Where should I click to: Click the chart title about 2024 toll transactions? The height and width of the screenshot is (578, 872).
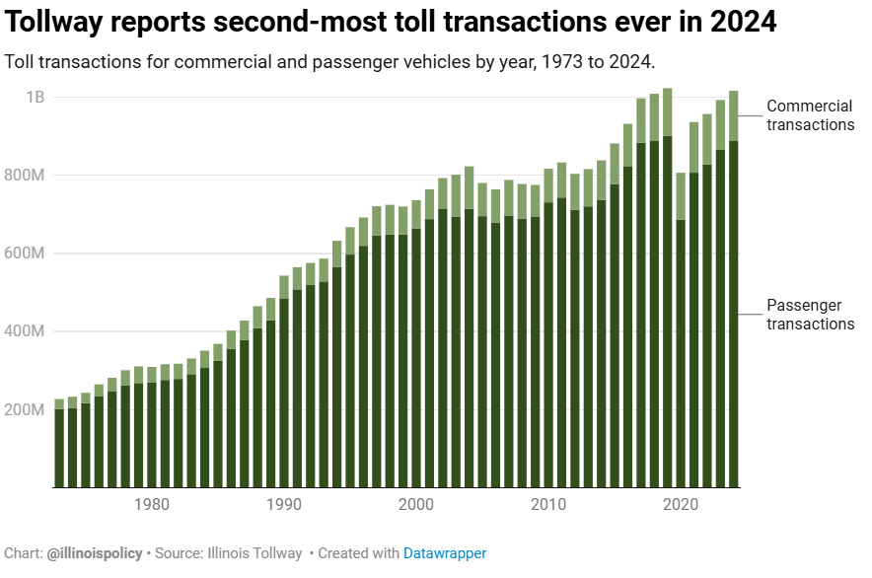[x=391, y=22]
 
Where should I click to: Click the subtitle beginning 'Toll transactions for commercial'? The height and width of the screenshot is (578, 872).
[x=329, y=62]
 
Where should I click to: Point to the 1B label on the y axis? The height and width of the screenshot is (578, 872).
[x=36, y=97]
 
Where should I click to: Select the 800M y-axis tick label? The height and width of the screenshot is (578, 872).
[x=28, y=176]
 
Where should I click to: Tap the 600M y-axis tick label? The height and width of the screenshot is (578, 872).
[x=28, y=253]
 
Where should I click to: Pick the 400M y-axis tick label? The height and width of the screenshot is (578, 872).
[x=28, y=331]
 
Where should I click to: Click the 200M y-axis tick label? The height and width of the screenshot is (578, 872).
[x=28, y=409]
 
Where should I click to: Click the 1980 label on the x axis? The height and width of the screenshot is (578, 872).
[x=151, y=505]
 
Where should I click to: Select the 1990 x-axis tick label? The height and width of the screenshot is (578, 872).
[x=284, y=505]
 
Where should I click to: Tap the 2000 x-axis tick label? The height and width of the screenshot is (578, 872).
[x=416, y=505]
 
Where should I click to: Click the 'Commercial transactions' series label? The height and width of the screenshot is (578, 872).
[x=810, y=115]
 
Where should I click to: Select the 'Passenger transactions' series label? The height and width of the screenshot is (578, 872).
[x=810, y=315]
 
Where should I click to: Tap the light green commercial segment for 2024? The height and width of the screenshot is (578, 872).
[x=734, y=115]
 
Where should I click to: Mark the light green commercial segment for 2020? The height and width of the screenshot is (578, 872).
[x=681, y=196]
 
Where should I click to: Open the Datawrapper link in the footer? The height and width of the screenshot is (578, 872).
[x=445, y=553]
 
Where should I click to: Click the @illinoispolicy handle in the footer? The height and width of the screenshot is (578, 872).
[x=95, y=553]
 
